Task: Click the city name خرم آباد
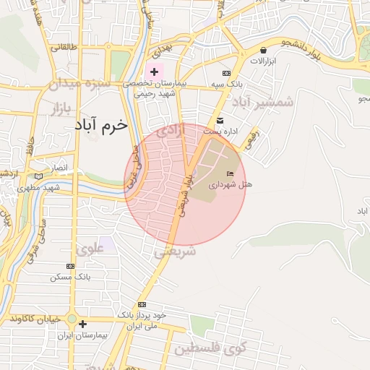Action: pyautogui.click(x=100, y=125)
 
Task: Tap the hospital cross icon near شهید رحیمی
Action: pyautogui.click(x=154, y=72)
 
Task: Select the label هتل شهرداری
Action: pyautogui.click(x=231, y=185)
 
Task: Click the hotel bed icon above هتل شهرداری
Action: pyautogui.click(x=231, y=174)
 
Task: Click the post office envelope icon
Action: pyautogui.click(x=220, y=120)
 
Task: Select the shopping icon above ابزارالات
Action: pyautogui.click(x=263, y=51)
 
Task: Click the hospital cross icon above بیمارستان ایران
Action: pyautogui.click(x=82, y=324)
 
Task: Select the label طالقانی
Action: pyautogui.click(x=62, y=47)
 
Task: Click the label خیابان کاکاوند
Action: pyautogui.click(x=35, y=319)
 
